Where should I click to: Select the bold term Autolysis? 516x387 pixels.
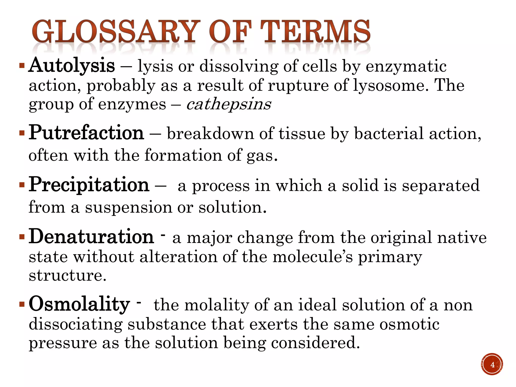72,66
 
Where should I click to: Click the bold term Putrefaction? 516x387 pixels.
86,133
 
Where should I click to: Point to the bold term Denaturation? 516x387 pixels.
91,237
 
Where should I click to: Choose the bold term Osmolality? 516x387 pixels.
79,304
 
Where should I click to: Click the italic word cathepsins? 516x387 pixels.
229,104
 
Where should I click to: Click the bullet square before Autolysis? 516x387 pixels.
22,66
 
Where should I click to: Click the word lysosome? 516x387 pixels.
388,86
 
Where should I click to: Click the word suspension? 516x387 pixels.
128,208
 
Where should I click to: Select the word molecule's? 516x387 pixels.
313,257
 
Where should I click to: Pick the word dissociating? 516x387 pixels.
76,324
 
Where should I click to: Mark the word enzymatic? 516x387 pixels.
406,67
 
